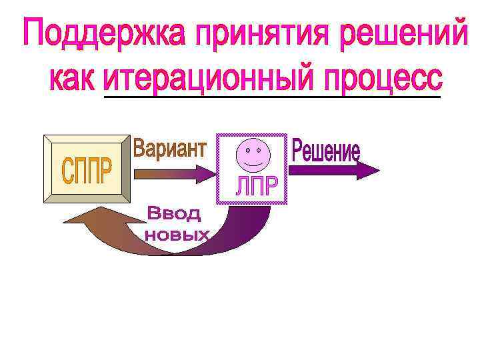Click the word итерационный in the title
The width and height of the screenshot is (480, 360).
pos(207,80)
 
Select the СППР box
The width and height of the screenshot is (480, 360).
pos(87,167)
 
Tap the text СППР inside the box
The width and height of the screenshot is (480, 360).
pos(87,169)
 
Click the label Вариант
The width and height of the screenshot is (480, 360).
pos(169,148)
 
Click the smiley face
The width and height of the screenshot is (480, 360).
pos(253,155)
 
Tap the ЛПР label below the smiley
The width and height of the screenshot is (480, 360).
pos(255,187)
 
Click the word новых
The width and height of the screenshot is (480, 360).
pos(177,235)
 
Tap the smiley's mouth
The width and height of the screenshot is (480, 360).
pos(253,163)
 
